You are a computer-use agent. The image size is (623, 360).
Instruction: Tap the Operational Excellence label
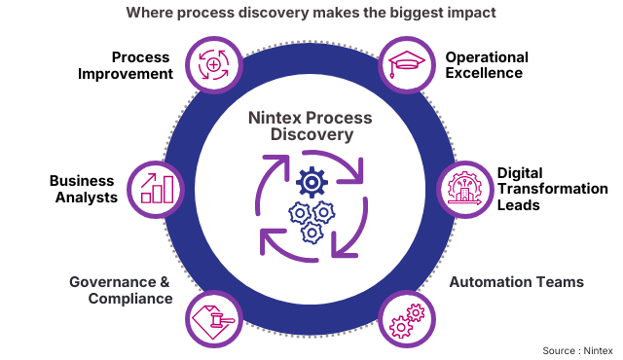pos(487,65)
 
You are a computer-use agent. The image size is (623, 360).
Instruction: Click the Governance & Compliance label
pos(120,290)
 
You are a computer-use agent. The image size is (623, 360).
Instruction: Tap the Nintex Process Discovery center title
pos(311,126)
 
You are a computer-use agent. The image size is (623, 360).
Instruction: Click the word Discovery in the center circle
pos(311,135)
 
